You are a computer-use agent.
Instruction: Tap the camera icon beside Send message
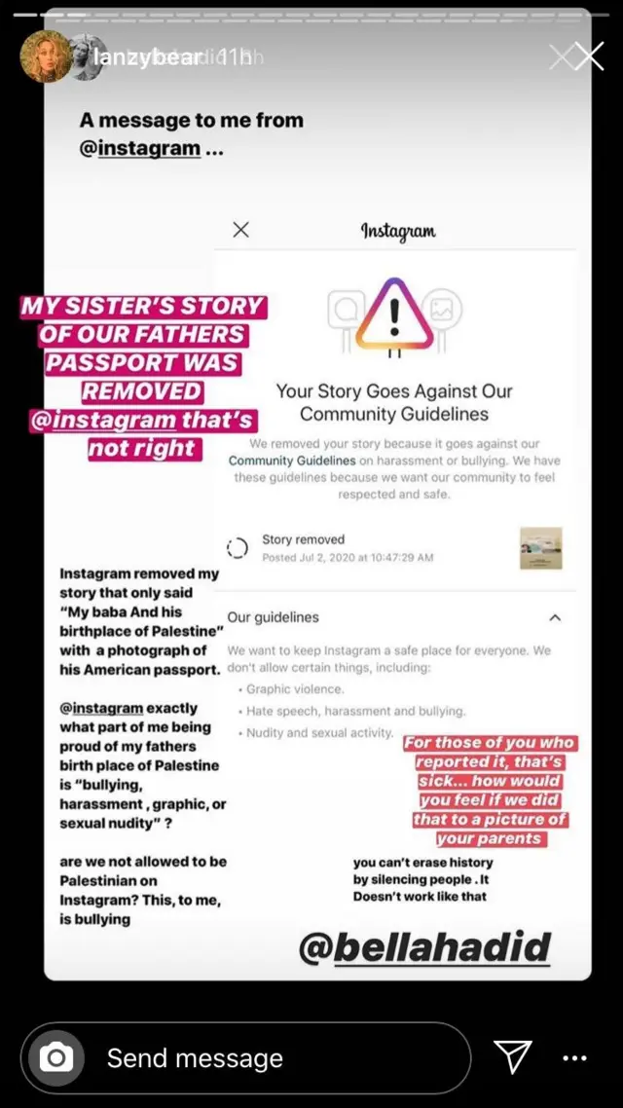pos(57,1057)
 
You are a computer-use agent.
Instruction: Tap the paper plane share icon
pos(512,1056)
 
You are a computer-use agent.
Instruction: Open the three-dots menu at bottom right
pos(575,1057)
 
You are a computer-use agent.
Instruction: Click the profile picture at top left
pos(45,57)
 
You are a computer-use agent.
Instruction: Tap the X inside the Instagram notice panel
pos(241,230)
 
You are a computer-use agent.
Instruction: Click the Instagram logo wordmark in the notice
pos(398,231)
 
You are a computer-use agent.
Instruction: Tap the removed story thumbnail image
pos(540,548)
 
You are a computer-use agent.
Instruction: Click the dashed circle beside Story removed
pos(238,548)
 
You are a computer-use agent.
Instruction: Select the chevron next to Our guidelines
pos(555,617)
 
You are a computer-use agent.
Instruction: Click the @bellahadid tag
pos(424,946)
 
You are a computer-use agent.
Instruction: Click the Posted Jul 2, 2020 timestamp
pos(348,558)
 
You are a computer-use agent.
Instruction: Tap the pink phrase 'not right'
pos(142,449)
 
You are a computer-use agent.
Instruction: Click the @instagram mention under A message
pos(140,149)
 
